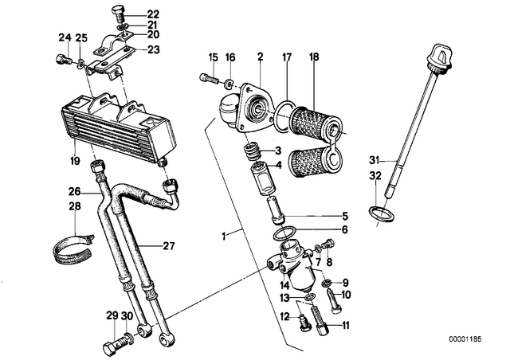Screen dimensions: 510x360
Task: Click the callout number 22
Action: [x=153, y=14]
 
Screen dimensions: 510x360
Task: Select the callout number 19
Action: [x=75, y=160]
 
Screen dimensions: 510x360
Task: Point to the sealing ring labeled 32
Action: [x=382, y=214]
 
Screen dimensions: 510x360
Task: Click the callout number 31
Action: [x=375, y=160]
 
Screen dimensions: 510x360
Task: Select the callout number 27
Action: [x=169, y=246]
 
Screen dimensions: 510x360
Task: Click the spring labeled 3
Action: [x=252, y=153]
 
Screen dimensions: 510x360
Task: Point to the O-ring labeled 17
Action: [x=285, y=115]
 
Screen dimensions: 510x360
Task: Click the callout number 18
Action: [x=314, y=57]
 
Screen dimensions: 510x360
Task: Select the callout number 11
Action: [x=345, y=325]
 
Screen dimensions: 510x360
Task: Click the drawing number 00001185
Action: [x=465, y=338]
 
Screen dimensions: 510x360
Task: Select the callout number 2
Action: [x=261, y=57]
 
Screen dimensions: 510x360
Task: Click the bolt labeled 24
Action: [x=62, y=60]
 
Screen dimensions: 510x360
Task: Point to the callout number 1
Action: [x=224, y=236]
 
